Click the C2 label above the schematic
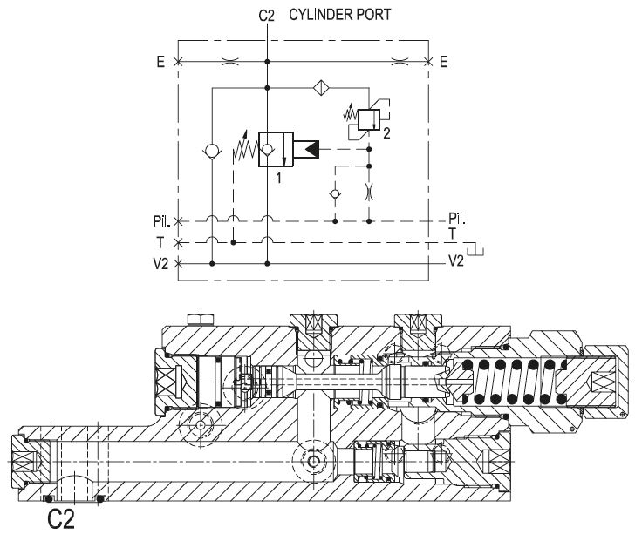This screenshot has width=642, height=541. pos(267,16)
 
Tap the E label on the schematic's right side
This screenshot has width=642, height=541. pos(444,61)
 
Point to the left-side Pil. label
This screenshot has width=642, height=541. pos(160,222)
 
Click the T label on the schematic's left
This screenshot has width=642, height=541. pos(164,242)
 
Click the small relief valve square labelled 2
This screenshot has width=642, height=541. pos(370,119)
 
